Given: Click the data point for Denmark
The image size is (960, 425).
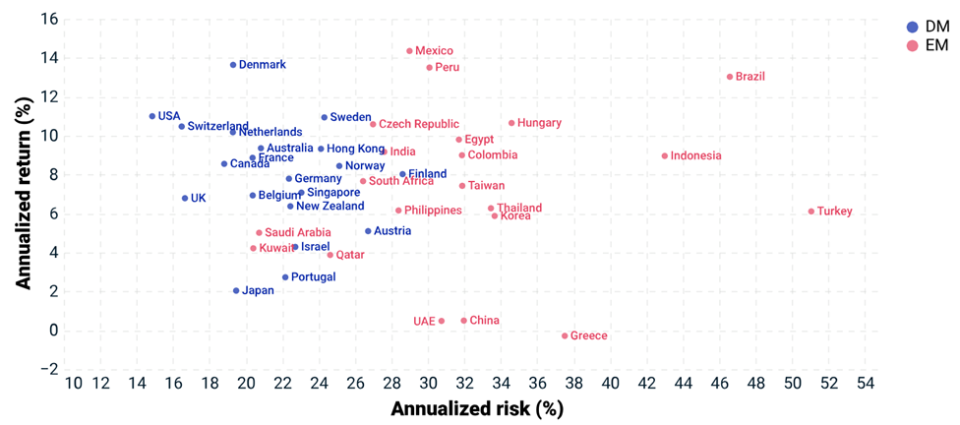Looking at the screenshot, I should tap(233, 65).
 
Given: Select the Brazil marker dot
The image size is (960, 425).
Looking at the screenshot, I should tap(730, 77).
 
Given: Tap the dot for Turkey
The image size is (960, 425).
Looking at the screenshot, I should tap(811, 212).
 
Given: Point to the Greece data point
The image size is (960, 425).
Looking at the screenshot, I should tap(565, 335).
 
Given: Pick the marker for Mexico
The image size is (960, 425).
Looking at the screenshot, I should tap(410, 51).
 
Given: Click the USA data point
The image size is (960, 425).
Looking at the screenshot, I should tap(152, 116).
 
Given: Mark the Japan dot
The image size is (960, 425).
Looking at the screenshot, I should tap(236, 290).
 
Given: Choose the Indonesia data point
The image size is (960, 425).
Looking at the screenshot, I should tap(665, 155).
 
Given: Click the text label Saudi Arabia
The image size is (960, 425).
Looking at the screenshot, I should tap(297, 233).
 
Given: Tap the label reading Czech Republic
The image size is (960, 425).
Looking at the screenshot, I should tap(419, 124).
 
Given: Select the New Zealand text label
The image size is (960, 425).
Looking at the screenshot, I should tap(330, 207).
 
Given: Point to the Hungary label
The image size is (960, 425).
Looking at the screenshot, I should tap(539, 123).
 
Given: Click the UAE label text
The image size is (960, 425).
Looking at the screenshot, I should tap(424, 321).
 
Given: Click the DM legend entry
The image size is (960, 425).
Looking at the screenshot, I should tap(929, 28).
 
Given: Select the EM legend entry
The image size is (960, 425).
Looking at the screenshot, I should tap(929, 45).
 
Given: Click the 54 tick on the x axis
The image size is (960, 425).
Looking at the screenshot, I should tap(867, 384).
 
